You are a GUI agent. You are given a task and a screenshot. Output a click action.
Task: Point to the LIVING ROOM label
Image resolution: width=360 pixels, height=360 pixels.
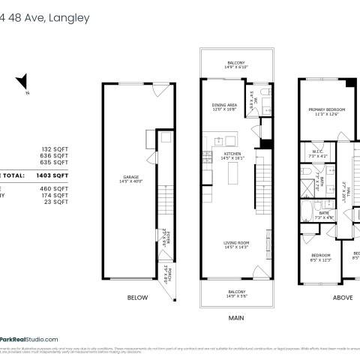[236, 244]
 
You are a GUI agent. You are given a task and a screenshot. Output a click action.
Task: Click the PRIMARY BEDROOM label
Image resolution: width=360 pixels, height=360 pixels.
[324, 111]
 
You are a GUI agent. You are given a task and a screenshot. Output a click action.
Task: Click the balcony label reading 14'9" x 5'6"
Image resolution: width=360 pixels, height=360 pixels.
[236, 292]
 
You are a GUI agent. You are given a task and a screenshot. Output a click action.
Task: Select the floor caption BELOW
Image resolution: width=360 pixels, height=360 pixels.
[137, 298]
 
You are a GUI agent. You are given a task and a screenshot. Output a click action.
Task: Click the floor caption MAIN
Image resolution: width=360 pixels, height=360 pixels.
[237, 317]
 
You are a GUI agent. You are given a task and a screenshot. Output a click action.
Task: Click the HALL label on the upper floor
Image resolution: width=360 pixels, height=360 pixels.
[344, 193]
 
